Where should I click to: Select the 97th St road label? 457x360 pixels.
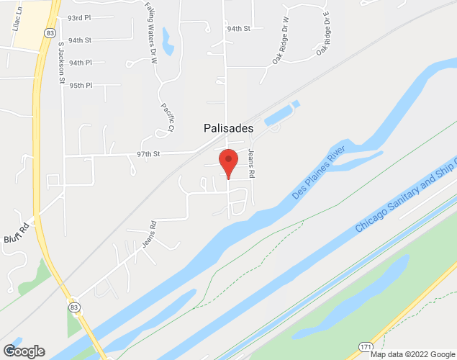pyautogui.click(x=148, y=154)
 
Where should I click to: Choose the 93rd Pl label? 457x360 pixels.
pyautogui.click(x=80, y=17)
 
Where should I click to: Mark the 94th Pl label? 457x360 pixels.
pyautogui.click(x=81, y=63)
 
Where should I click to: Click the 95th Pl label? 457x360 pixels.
pyautogui.click(x=81, y=86)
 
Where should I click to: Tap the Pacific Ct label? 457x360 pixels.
pyautogui.click(x=166, y=117)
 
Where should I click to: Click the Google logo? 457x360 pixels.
pyautogui.click(x=23, y=351)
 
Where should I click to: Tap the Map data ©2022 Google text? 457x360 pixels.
pyautogui.click(x=412, y=354)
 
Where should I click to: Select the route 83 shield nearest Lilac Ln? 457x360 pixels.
pyautogui.click(x=48, y=33)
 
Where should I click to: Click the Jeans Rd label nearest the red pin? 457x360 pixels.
pyautogui.click(x=252, y=163)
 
